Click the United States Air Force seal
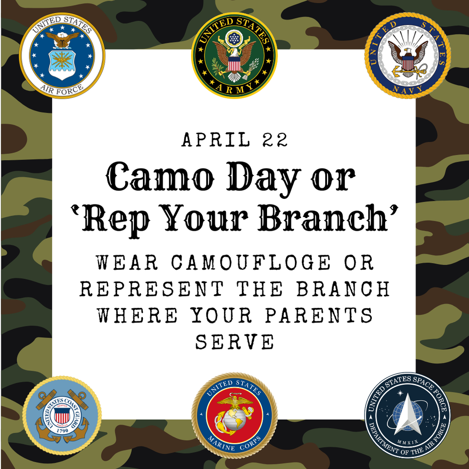[62, 55]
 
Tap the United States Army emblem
[234, 55]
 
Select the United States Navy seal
[407, 55]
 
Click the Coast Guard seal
[62, 415]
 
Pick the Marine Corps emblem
[234, 415]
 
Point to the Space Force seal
[407, 415]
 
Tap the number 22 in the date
[275, 140]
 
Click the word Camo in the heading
[156, 178]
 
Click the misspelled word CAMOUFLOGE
[250, 263]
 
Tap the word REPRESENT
[152, 289]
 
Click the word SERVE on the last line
[234, 341]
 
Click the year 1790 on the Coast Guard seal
[62, 431]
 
